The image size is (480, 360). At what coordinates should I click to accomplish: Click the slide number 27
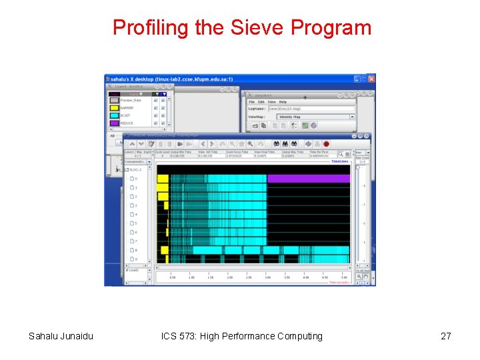pos(446,336)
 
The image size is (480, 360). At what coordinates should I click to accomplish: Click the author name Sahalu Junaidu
pos(61,336)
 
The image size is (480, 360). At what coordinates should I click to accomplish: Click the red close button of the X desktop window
pos(371,79)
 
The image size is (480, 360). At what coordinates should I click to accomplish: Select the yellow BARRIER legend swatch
pos(114,108)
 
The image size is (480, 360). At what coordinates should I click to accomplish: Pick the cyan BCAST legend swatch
pos(114,115)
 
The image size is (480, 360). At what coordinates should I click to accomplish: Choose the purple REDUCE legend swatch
pos(114,123)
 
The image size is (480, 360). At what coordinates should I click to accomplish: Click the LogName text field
pos(311,108)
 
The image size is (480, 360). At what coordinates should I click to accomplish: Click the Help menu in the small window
pos(283,102)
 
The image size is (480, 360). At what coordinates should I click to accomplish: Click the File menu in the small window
pos(252,102)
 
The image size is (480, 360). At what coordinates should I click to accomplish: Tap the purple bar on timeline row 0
pos(308,179)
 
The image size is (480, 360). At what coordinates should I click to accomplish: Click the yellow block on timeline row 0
pos(163,179)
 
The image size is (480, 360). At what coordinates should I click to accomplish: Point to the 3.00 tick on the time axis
pos(267,275)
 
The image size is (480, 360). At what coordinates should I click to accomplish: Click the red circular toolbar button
pos(327,143)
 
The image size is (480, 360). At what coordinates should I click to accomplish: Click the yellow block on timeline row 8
pos(165,250)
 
